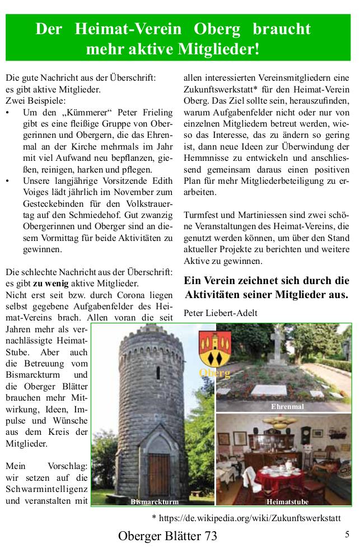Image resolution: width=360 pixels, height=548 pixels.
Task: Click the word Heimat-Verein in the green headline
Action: pos(129,29)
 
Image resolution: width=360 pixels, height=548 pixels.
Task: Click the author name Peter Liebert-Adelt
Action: pos(221,313)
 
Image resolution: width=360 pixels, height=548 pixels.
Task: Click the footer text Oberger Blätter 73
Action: pos(167,536)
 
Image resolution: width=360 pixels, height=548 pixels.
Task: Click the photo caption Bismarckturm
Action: pos(155,501)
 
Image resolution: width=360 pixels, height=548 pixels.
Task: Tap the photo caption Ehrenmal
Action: pos(287,407)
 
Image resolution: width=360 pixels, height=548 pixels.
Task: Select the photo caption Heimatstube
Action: pos(287,501)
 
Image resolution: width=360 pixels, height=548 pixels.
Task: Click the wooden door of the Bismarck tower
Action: pos(158,471)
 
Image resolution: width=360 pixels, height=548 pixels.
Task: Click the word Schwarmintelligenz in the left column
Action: pos(47,489)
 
